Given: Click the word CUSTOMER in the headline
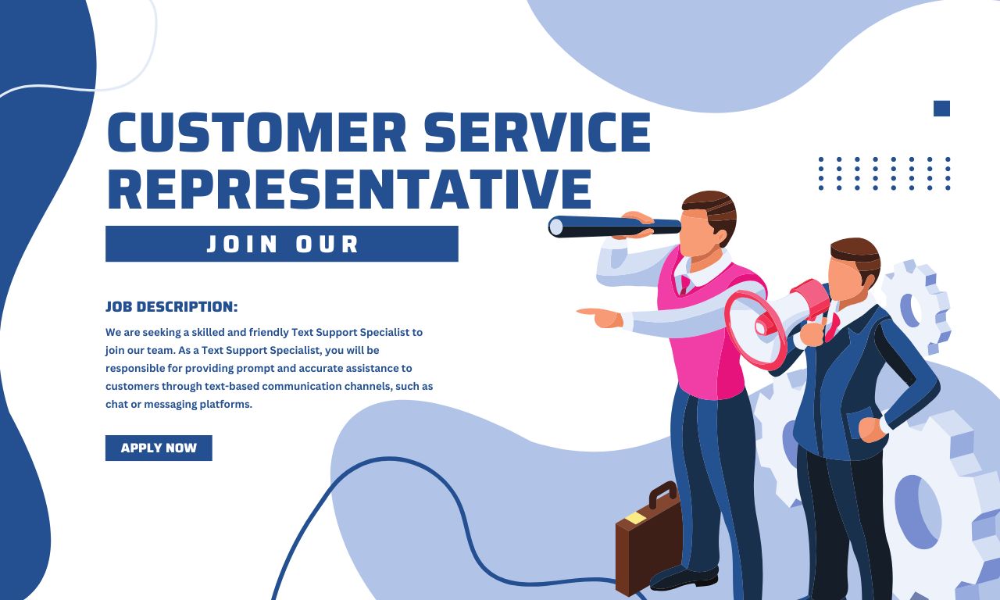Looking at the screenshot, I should (255, 132).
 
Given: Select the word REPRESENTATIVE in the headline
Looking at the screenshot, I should (348, 190).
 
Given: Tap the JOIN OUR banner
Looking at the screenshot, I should (281, 244).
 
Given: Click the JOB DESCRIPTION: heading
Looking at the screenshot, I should (171, 306).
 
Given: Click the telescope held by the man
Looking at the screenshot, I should (614, 227).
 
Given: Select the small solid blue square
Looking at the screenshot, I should (941, 109).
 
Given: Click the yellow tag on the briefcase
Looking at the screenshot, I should (635, 518).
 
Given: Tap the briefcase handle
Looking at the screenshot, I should (662, 494).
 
